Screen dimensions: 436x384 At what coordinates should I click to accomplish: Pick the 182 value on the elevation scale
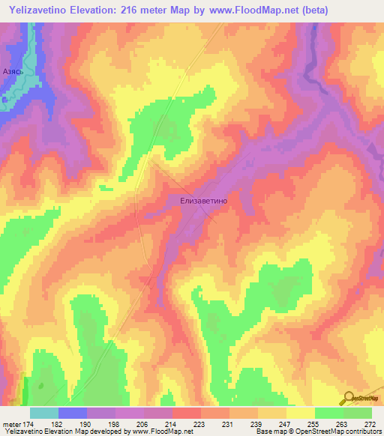pos(72,424)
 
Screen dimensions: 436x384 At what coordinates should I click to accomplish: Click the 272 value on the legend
pos(370,424)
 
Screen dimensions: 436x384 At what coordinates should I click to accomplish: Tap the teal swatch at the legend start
pos(44,413)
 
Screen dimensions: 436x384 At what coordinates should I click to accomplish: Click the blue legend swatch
pos(73,413)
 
